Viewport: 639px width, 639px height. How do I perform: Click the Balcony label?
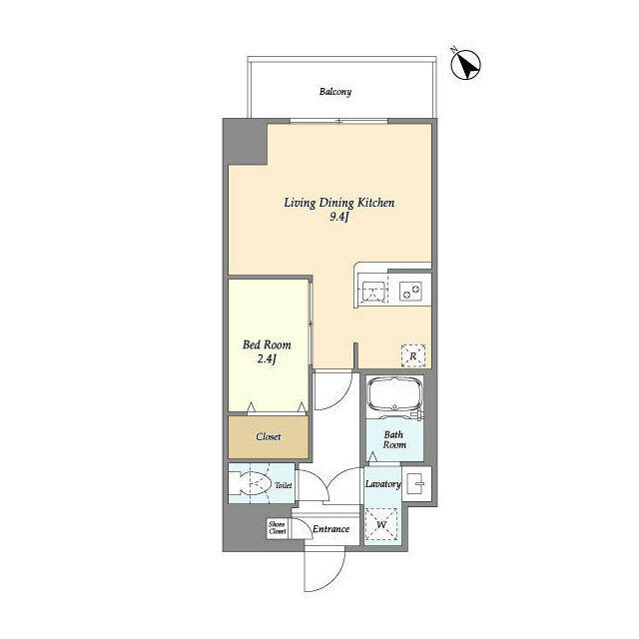pyautogui.click(x=335, y=92)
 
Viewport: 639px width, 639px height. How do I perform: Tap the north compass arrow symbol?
pyautogui.click(x=466, y=64)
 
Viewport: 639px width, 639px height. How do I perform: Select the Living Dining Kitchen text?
pyautogui.click(x=339, y=203)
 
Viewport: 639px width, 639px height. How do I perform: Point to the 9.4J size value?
pyautogui.click(x=339, y=217)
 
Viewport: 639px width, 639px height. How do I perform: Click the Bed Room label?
pyautogui.click(x=267, y=344)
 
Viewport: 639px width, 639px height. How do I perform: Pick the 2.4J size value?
pyautogui.click(x=267, y=359)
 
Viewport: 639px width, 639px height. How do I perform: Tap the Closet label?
pyautogui.click(x=269, y=437)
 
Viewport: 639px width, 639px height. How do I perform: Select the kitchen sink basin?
pyautogui.click(x=372, y=292)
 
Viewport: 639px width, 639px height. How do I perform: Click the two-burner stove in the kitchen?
pyautogui.click(x=410, y=292)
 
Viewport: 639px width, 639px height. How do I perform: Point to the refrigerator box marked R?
pyautogui.click(x=413, y=356)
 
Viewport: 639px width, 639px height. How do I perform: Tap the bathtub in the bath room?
pyautogui.click(x=394, y=395)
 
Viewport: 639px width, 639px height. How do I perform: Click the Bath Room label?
pyautogui.click(x=394, y=439)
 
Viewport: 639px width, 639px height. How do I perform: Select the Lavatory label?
pyautogui.click(x=382, y=484)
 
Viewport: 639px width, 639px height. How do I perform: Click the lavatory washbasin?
pyautogui.click(x=416, y=483)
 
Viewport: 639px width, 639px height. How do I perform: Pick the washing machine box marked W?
pyautogui.click(x=381, y=524)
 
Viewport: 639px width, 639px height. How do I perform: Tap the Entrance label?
pyautogui.click(x=330, y=529)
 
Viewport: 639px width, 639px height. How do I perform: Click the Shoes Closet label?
pyautogui.click(x=278, y=528)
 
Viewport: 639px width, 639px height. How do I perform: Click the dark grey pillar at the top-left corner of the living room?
pyautogui.click(x=246, y=142)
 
